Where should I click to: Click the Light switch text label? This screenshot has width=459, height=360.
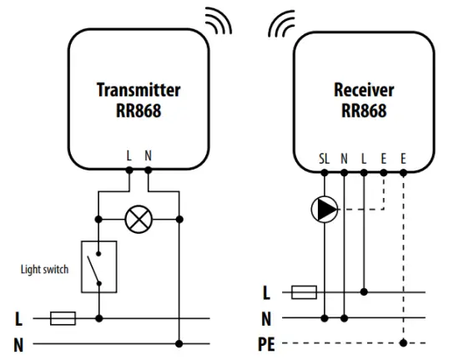click(x=43, y=270)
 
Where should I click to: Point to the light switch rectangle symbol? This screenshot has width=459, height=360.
click(x=99, y=266)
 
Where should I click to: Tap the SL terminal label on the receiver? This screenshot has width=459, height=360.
click(x=324, y=157)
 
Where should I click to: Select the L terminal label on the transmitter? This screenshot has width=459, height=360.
click(x=129, y=156)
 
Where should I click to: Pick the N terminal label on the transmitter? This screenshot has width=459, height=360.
click(x=149, y=156)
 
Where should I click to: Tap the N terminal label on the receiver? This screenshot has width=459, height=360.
click(x=344, y=157)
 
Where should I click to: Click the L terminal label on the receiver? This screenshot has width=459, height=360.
click(x=364, y=157)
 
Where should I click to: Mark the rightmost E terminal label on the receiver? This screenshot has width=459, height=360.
click(x=404, y=157)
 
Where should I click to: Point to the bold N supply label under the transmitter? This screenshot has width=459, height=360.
click(x=18, y=343)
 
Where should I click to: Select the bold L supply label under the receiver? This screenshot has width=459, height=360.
click(x=267, y=292)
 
